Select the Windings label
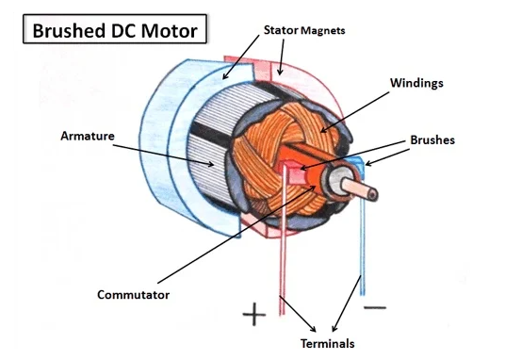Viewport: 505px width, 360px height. pos(416,82)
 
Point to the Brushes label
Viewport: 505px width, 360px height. pos(432,139)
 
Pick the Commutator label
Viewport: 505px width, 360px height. pos(133,295)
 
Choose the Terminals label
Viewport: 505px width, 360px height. pos(326,343)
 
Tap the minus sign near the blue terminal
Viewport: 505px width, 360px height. pos(374,307)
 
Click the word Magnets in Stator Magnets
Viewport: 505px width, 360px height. pos(323,31)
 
